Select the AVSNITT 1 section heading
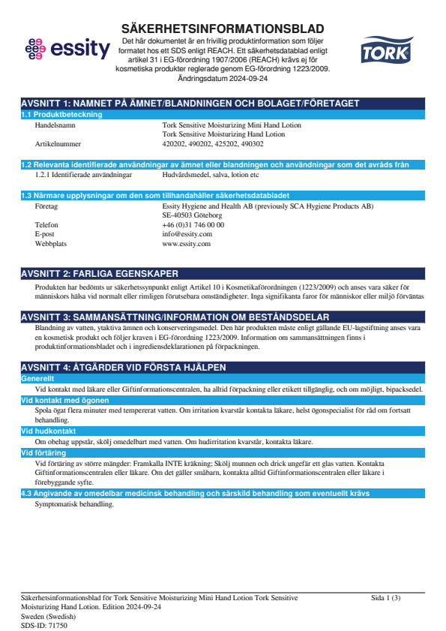coord(190,103)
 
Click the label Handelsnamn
coord(55,125)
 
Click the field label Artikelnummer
coord(58,143)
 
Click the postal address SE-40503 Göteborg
coord(192,215)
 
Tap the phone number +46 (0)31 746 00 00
coord(193,224)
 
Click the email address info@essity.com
coord(187,234)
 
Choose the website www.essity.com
coord(186,244)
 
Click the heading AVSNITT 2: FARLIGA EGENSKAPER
coord(100,273)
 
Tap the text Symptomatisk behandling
coord(74,503)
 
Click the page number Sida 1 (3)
coord(386,598)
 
